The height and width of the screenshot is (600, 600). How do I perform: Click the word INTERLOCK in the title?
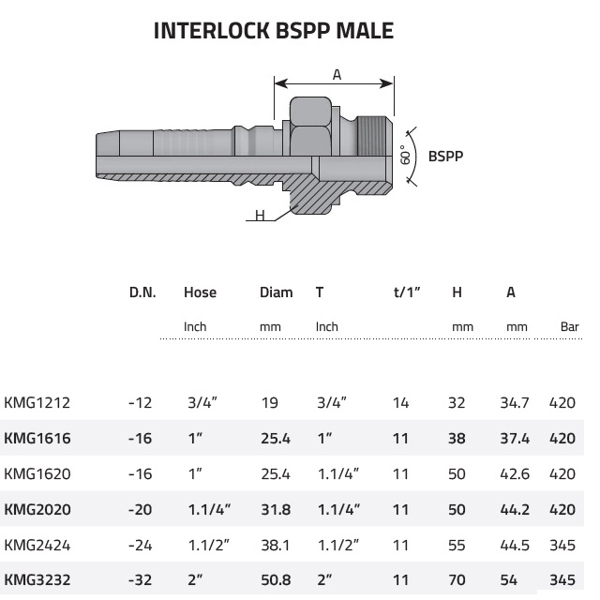click(211, 31)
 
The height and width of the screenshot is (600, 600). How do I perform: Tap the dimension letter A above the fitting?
click(337, 75)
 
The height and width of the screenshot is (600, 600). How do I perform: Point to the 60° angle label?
click(405, 155)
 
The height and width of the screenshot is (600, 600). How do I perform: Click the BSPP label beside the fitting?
click(445, 157)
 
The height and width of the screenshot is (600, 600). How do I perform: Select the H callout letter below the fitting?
click(260, 216)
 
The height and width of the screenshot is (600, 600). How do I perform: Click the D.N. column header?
click(142, 292)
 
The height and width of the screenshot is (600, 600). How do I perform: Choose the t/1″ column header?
click(407, 292)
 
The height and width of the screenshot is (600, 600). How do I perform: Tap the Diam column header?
click(277, 292)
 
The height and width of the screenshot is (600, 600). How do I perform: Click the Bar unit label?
click(569, 327)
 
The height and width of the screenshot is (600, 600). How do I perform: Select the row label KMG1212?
click(37, 402)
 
